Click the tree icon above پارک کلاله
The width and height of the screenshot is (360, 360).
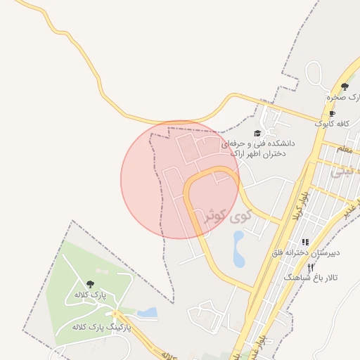tap(89, 283)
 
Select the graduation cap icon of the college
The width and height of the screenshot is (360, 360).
tap(257, 133)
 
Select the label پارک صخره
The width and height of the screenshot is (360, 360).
tap(343, 97)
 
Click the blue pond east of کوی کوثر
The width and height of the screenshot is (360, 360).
tap(239, 250)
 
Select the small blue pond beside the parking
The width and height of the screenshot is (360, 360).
tap(148, 312)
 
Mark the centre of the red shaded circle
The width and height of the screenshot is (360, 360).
tap(179, 179)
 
